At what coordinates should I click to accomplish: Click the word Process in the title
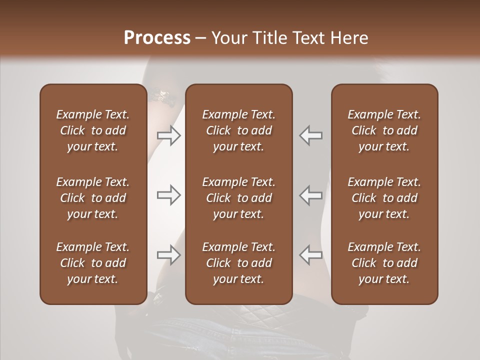[157, 37]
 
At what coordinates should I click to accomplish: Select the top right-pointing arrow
[169, 135]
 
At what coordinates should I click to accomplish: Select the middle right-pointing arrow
[169, 195]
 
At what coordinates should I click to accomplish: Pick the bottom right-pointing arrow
[169, 255]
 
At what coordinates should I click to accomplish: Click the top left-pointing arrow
[311, 135]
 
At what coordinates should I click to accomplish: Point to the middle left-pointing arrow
[311, 195]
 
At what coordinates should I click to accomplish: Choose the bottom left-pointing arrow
[311, 255]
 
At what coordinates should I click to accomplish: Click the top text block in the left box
[93, 130]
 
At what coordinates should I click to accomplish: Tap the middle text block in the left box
[93, 198]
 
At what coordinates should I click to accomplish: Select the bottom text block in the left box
[93, 263]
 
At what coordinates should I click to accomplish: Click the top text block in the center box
[239, 130]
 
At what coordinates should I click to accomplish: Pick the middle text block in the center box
[239, 198]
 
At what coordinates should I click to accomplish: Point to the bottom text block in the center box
[239, 263]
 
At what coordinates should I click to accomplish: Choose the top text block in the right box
[384, 130]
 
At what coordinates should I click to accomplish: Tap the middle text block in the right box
[384, 198]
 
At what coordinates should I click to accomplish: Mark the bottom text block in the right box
[384, 263]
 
